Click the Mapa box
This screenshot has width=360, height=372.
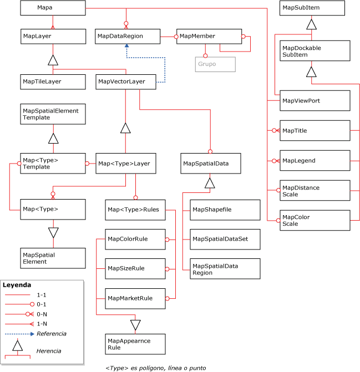tap(53, 8)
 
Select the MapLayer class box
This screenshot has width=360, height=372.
tap(53, 36)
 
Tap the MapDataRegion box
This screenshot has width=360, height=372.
tap(127, 36)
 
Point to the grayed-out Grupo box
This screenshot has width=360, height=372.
tap(215, 64)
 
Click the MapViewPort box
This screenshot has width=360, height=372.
tap(315, 100)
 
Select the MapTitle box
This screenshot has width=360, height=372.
tap(315, 130)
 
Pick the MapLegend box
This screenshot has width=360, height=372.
tap(315, 160)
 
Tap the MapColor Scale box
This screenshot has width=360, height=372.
tap(315, 220)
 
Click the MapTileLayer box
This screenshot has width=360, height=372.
tap(53, 81)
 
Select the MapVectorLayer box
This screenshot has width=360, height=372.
tap(127, 81)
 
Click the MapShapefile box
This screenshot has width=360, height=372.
tap(224, 209)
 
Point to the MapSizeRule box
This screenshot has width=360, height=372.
tap(135, 268)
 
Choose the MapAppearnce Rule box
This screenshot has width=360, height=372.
tap(135, 344)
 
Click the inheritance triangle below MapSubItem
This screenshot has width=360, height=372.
tap(312, 24)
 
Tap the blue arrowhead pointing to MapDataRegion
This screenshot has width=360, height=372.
tap(127, 48)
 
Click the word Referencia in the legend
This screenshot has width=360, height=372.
tap(52, 334)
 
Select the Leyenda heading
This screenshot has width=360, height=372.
tap(17, 285)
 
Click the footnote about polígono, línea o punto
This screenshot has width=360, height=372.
tap(156, 367)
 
